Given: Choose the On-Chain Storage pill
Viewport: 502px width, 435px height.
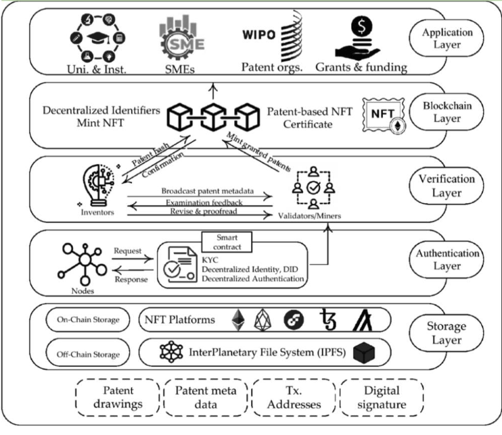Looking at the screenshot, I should coord(83,320).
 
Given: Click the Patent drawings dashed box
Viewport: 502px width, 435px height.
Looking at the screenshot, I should coord(118,399).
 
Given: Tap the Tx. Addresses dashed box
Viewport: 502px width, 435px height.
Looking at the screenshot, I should coord(294,399).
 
